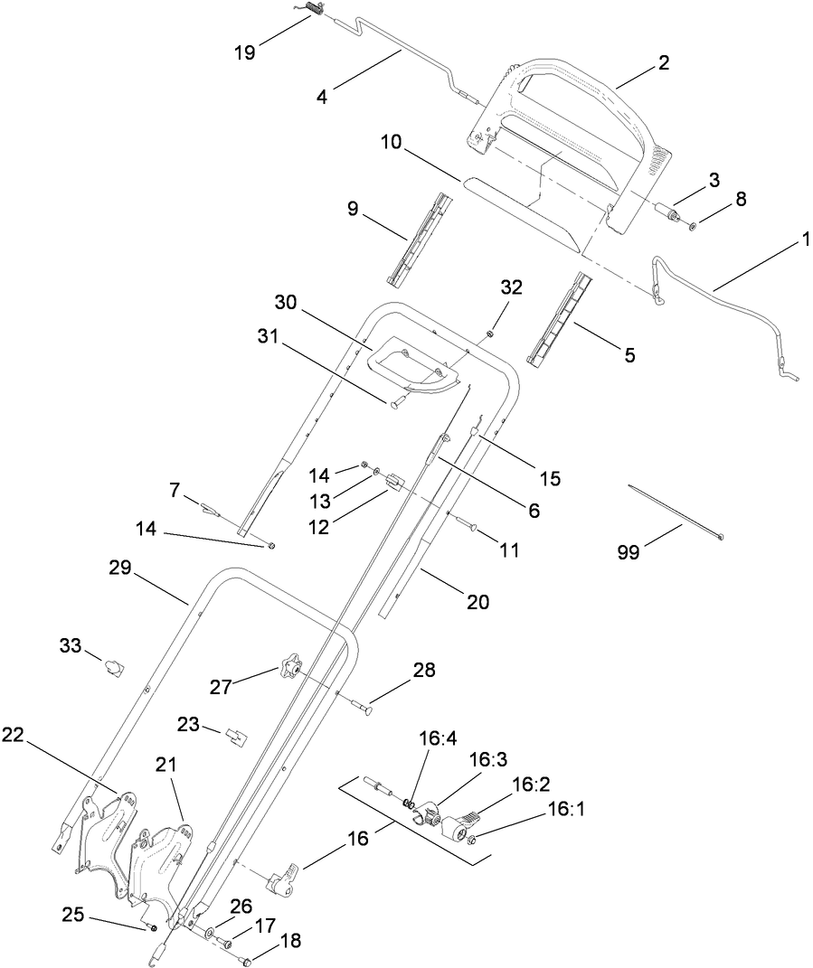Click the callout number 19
(245, 52)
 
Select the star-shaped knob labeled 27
(290, 670)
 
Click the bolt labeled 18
(246, 960)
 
